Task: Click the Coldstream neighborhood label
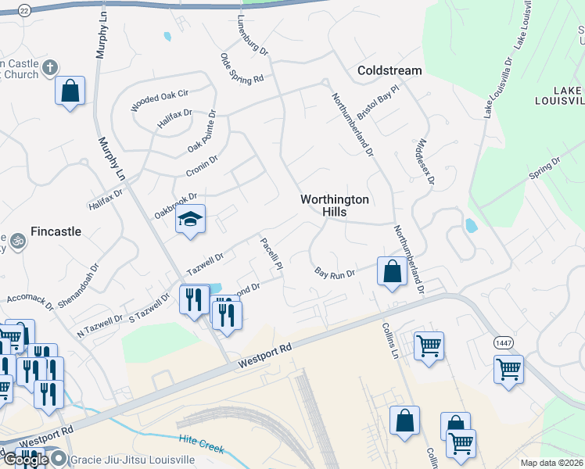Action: pyautogui.click(x=389, y=70)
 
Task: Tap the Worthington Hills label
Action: pyautogui.click(x=334, y=206)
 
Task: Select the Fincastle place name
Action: pyautogui.click(x=56, y=231)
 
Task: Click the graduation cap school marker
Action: pyautogui.click(x=190, y=220)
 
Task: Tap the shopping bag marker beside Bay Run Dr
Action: pyautogui.click(x=392, y=271)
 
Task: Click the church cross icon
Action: pyautogui.click(x=51, y=67)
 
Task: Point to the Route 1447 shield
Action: pyautogui.click(x=501, y=343)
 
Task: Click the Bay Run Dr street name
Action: pyautogui.click(x=336, y=273)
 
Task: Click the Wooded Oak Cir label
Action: pyautogui.click(x=160, y=101)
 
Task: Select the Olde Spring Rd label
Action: pyautogui.click(x=242, y=67)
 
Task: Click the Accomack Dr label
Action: pyautogui.click(x=31, y=297)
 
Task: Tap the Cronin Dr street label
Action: pyautogui.click(x=202, y=165)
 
